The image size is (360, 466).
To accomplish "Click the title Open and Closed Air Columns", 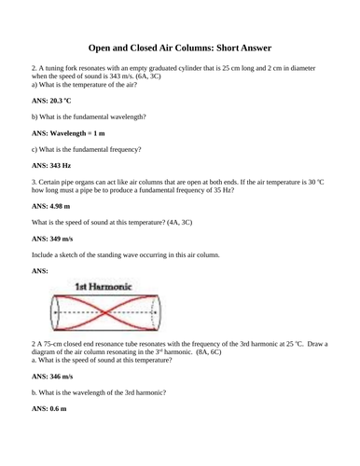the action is (x=180, y=48).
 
